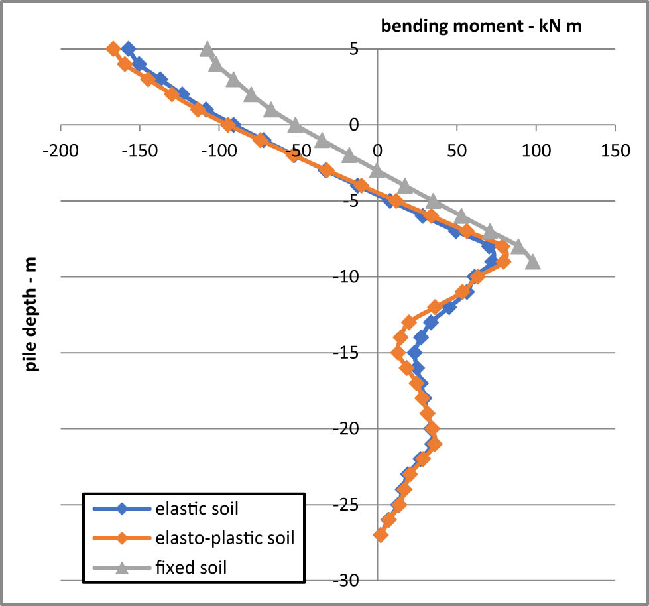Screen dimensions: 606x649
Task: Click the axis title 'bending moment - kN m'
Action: pyautogui.click(x=481, y=27)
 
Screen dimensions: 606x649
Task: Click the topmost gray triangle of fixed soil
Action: pyautogui.click(x=207, y=50)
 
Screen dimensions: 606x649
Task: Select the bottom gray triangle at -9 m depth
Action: pyautogui.click(x=532, y=263)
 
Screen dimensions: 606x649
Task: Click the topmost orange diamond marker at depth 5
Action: pyautogui.click(x=113, y=49)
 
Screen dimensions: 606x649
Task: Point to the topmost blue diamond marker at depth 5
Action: pyautogui.click(x=129, y=49)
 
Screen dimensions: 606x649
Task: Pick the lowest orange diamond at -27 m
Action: pyautogui.click(x=381, y=535)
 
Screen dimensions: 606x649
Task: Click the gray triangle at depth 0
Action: pyautogui.click(x=295, y=125)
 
